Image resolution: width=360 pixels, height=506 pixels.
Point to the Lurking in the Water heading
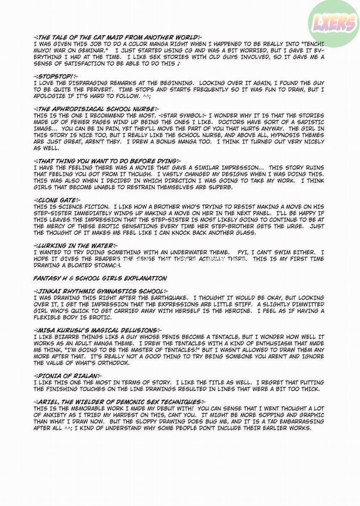click(72, 246)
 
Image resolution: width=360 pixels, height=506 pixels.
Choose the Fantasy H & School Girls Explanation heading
click(100, 278)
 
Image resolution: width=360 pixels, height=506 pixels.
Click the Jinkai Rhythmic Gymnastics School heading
click(100, 291)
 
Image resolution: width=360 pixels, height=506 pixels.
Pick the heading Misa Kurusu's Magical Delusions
click(97, 330)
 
